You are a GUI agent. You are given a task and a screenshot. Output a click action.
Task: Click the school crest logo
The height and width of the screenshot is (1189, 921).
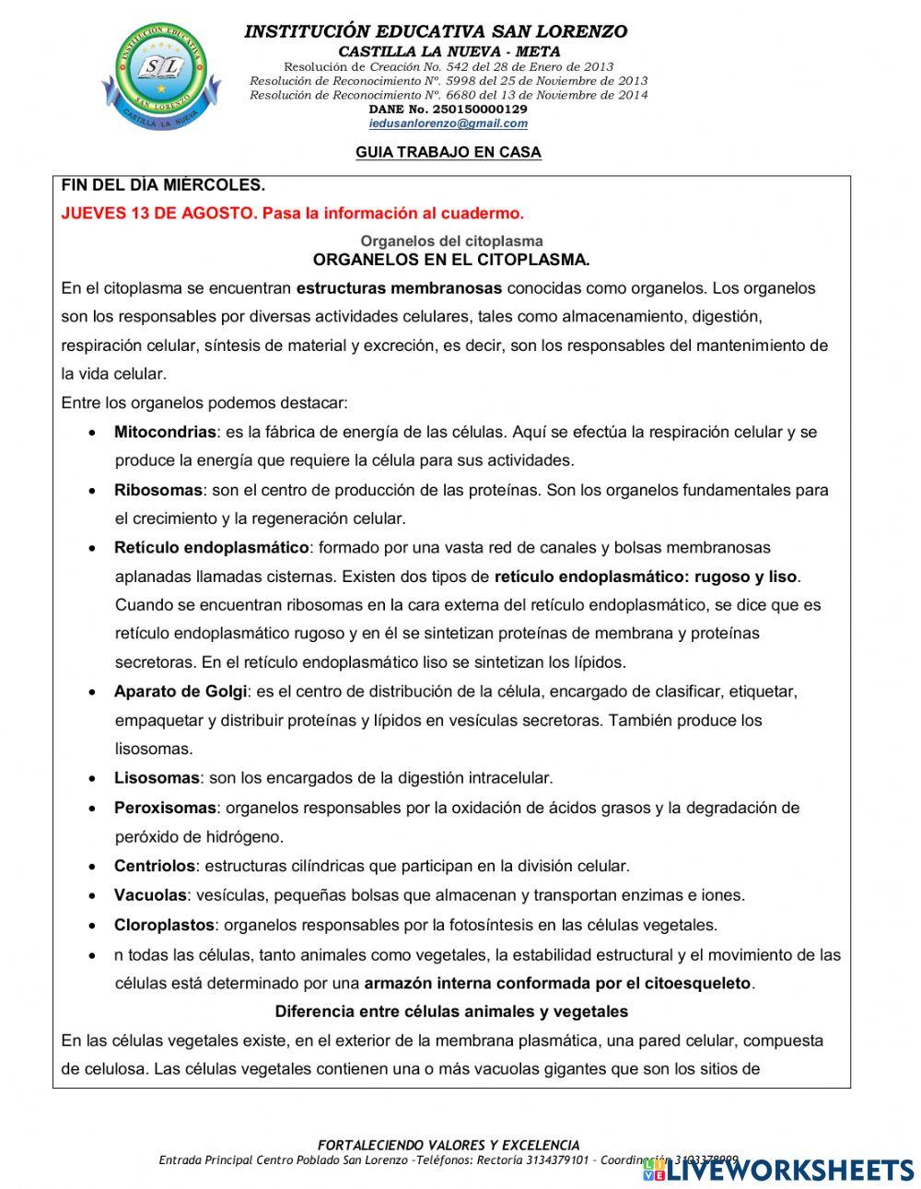click(x=168, y=76)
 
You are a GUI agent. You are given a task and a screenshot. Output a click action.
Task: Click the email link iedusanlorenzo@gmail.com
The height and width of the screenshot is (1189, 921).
click(x=449, y=123)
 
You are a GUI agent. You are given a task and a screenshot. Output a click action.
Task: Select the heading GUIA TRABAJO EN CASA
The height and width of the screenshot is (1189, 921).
click(x=449, y=153)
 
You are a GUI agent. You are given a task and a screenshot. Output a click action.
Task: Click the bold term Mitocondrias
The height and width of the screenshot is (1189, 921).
click(x=165, y=432)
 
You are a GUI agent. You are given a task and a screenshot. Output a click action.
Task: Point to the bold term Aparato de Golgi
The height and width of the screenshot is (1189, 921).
click(x=181, y=692)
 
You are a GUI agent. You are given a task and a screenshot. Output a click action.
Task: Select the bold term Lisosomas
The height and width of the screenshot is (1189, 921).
click(x=157, y=778)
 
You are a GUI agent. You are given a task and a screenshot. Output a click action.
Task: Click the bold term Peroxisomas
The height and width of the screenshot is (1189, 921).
click(x=165, y=808)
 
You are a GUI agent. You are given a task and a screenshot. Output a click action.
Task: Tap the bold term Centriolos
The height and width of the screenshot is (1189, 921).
click(x=155, y=866)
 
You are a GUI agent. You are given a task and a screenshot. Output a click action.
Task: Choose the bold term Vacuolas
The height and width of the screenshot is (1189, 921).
click(x=150, y=895)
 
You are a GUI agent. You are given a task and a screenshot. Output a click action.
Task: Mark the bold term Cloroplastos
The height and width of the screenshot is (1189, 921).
click(x=164, y=925)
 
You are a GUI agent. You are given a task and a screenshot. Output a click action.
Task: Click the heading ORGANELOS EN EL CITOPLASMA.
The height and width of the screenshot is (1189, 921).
click(x=451, y=260)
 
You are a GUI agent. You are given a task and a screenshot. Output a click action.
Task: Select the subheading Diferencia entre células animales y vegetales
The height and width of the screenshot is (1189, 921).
click(x=451, y=1011)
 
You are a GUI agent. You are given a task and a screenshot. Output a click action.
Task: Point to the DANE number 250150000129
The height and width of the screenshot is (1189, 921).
click(x=449, y=109)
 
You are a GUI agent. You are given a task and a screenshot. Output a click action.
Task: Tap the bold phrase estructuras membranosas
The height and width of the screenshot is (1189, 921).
click(x=399, y=288)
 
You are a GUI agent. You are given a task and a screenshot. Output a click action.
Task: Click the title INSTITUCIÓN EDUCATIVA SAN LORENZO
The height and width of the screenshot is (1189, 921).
click(x=436, y=31)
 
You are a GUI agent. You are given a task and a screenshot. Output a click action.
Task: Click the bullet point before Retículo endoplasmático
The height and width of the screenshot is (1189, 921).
click(x=93, y=549)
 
